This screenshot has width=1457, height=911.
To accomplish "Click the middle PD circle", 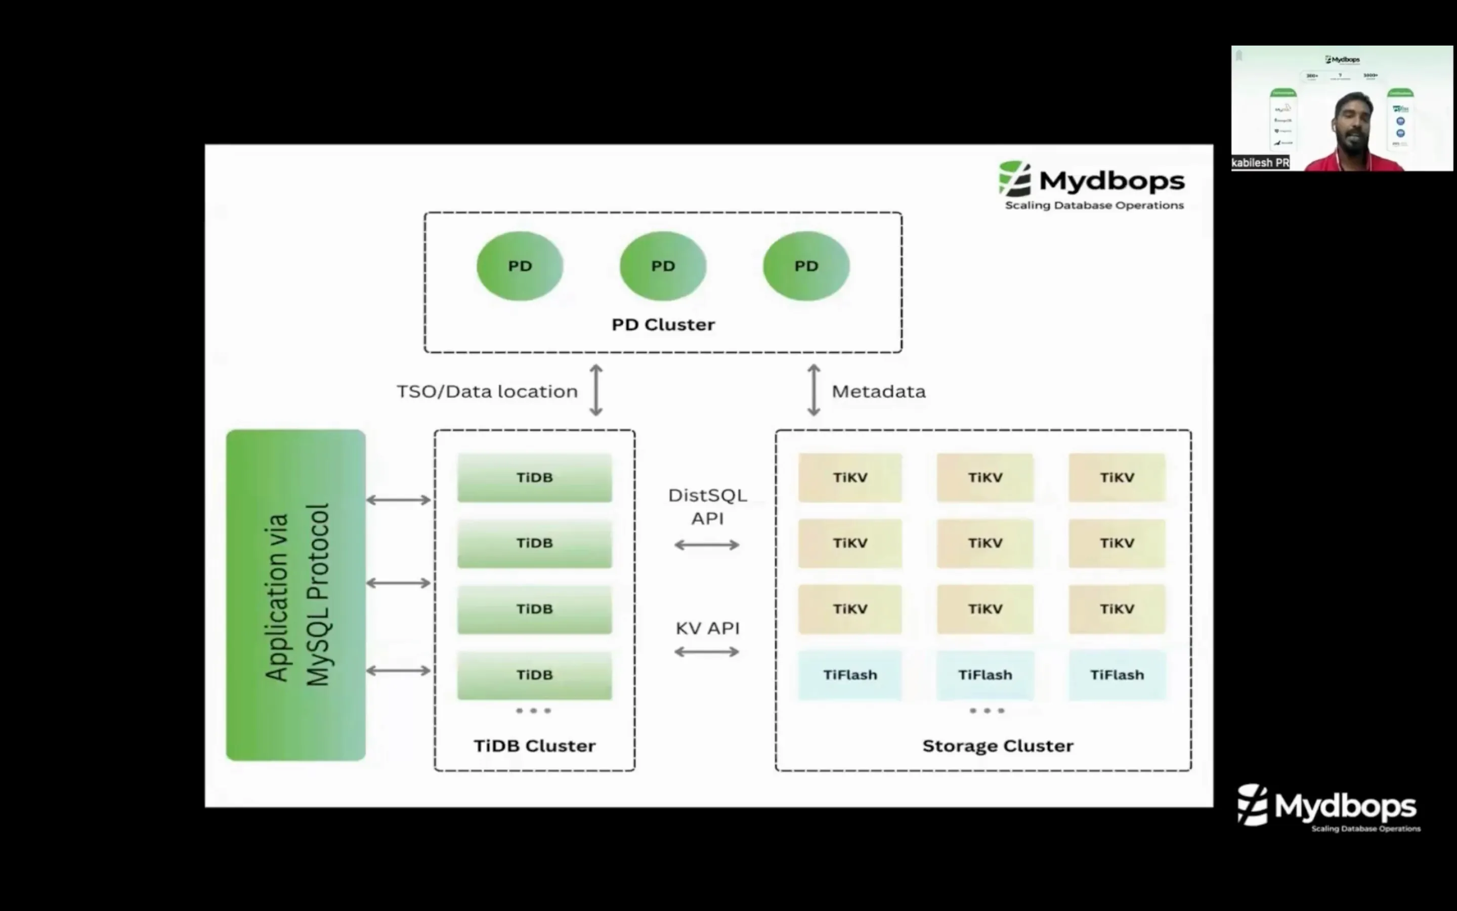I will tap(663, 266).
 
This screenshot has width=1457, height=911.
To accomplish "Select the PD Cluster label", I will tap(663, 325).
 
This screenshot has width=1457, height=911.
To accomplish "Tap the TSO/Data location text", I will tap(487, 392).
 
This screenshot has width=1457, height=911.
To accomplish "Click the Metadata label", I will tap(878, 392).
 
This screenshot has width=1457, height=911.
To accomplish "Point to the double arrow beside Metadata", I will tap(813, 390).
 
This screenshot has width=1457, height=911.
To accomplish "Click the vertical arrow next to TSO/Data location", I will tap(595, 390).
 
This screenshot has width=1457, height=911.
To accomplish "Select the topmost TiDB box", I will tap(534, 477).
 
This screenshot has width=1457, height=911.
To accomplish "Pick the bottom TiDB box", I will tap(534, 675).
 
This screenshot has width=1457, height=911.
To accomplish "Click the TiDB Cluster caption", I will tap(534, 746).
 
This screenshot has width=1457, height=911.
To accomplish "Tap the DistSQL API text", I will tap(707, 506).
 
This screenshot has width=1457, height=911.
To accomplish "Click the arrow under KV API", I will tap(707, 651).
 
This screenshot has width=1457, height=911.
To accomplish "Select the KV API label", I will tap(707, 629).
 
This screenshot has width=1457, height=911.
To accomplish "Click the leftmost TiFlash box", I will tap(849, 675).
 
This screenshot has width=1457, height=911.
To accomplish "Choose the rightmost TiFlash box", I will tap(1117, 675).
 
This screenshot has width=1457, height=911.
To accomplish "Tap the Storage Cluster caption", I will tap(998, 746).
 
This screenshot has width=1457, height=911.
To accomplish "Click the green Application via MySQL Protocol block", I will tap(295, 595).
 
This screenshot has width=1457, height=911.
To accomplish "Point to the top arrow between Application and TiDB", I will tap(399, 500).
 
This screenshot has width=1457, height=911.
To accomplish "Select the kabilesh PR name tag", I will tap(1260, 162).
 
